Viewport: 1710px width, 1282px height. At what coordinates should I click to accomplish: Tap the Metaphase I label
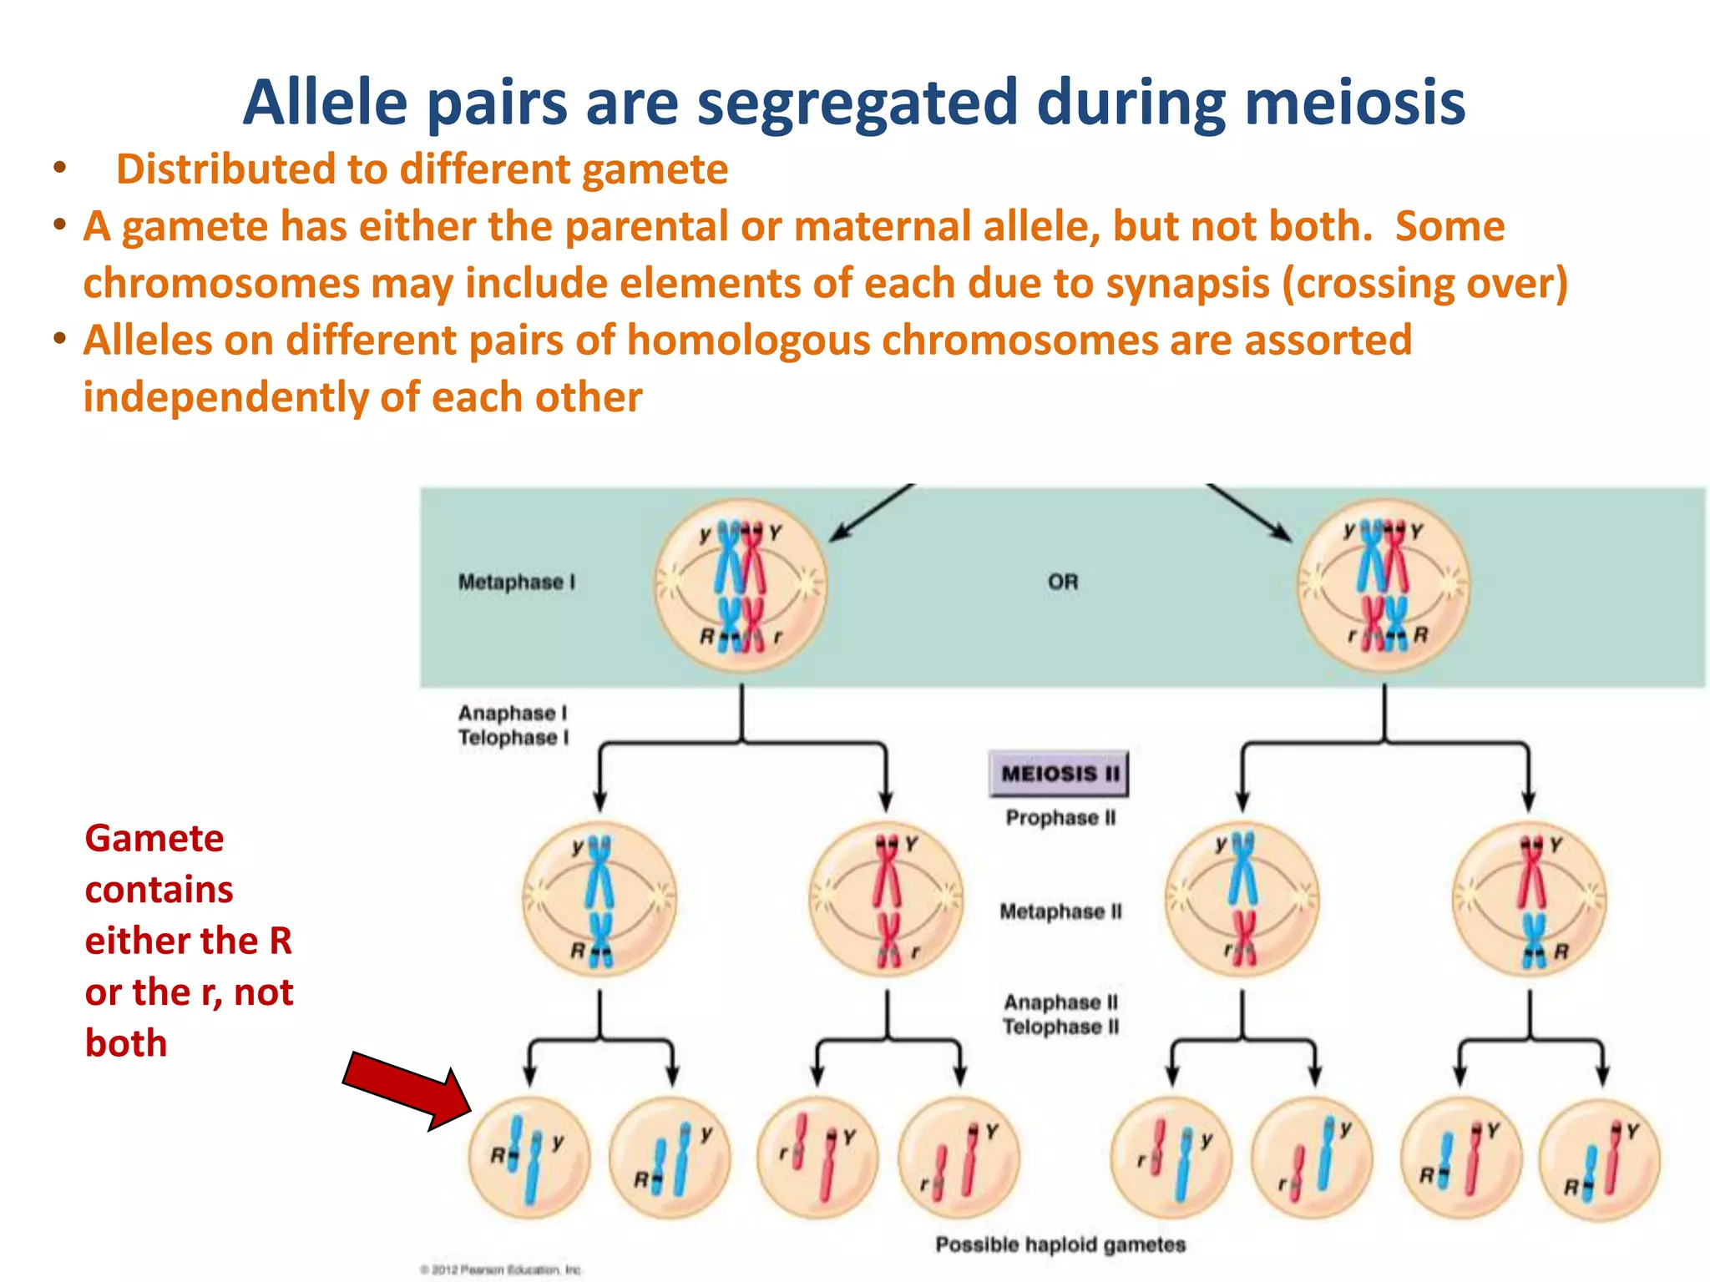tap(517, 582)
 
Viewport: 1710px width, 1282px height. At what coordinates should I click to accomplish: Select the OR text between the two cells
tap(1063, 582)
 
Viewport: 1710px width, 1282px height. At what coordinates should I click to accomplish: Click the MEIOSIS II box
tap(1059, 774)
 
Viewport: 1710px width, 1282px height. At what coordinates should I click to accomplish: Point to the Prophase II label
tap(1060, 818)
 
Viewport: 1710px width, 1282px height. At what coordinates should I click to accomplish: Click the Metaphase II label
tap(1060, 911)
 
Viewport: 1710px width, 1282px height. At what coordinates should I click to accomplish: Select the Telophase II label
tap(1060, 1027)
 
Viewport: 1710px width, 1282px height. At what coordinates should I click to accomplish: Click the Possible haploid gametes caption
tap(1060, 1244)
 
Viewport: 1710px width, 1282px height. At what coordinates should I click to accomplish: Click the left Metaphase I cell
tap(741, 585)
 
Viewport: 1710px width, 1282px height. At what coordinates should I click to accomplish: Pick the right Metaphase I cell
tap(1384, 585)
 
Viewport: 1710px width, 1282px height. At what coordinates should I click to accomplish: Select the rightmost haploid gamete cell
tap(1600, 1160)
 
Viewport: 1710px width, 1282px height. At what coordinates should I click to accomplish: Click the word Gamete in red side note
tap(154, 838)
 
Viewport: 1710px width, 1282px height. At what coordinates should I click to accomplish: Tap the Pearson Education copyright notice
tap(501, 1269)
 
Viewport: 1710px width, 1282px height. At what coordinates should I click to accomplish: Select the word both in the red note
tap(126, 1043)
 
